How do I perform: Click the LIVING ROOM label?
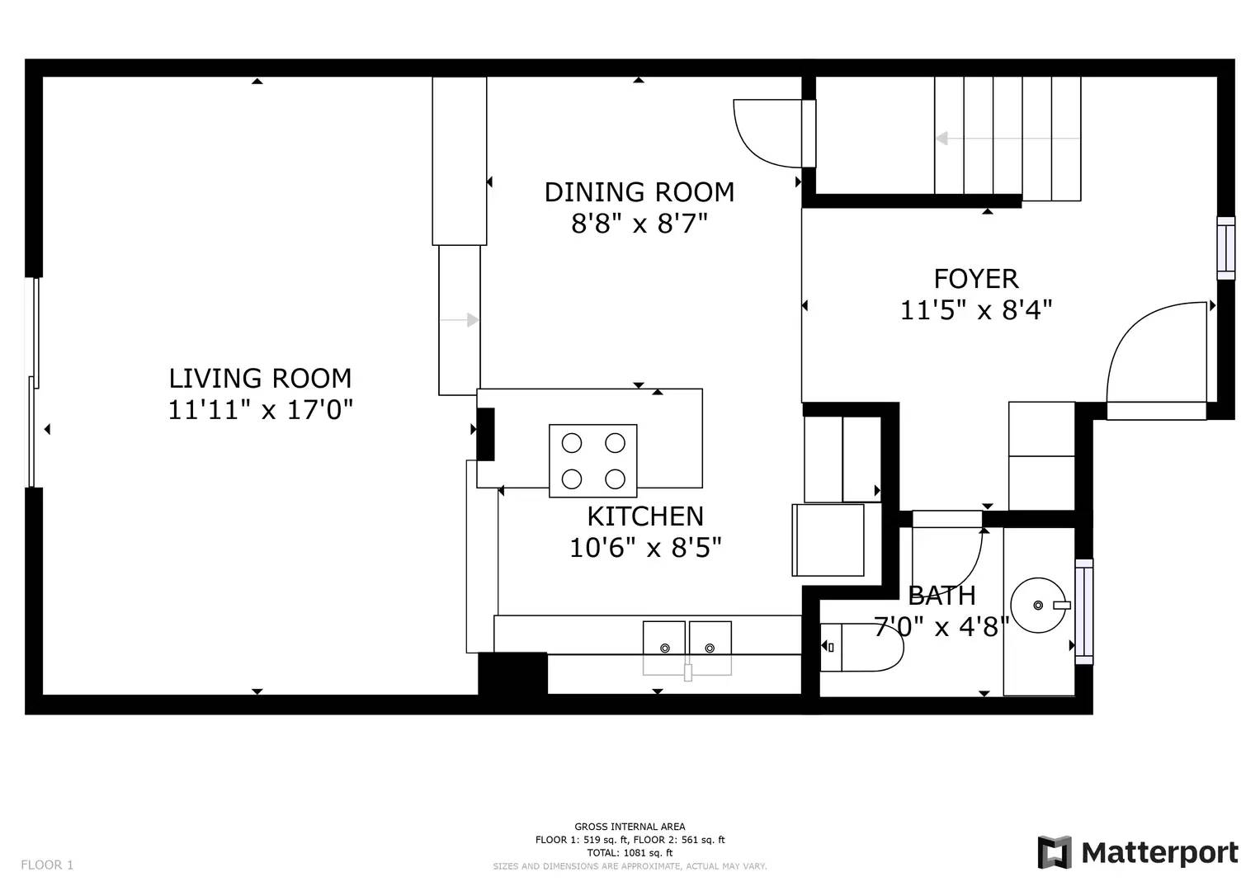[x=261, y=378]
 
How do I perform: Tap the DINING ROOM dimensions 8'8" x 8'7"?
[x=639, y=224]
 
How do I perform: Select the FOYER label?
[x=976, y=279]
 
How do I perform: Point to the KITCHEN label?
[x=645, y=516]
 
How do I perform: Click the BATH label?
[x=941, y=596]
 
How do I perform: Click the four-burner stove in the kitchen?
[x=593, y=460]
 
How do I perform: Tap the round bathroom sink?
[x=1038, y=606]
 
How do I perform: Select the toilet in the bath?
[x=861, y=648]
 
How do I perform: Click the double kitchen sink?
[x=687, y=648]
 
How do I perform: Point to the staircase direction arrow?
[x=1008, y=138]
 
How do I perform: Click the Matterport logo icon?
[x=1054, y=852]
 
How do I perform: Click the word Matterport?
[x=1160, y=853]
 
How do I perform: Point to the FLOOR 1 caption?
[x=47, y=865]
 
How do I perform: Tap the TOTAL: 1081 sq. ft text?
[x=630, y=853]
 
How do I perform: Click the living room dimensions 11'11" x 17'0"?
[x=261, y=409]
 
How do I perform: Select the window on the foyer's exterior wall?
[x=1226, y=248]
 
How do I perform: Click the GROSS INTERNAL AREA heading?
[x=630, y=827]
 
